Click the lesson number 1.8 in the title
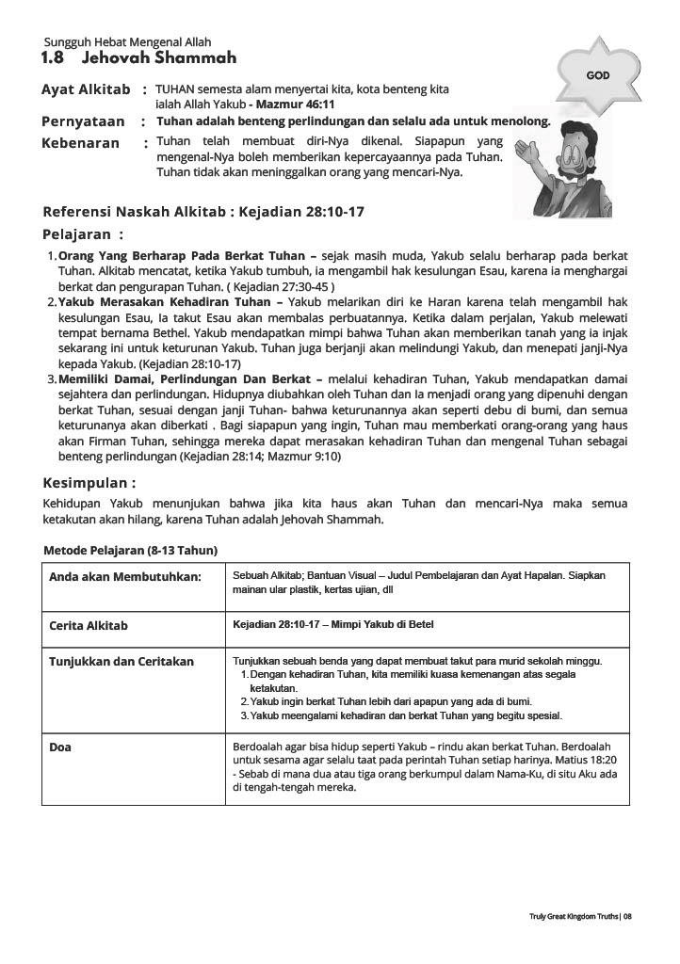pyautogui.click(x=52, y=58)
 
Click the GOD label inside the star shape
pyautogui.click(x=604, y=75)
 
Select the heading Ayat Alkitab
pyautogui.click(x=86, y=89)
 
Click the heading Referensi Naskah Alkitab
pyautogui.click(x=134, y=212)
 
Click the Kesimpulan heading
pyautogui.click(x=82, y=483)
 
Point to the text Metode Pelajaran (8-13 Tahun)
pyautogui.click(x=131, y=549)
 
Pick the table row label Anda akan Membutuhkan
pyautogui.click(x=124, y=576)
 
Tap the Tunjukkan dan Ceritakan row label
pyautogui.click(x=121, y=661)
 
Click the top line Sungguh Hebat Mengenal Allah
pyautogui.click(x=127, y=42)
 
